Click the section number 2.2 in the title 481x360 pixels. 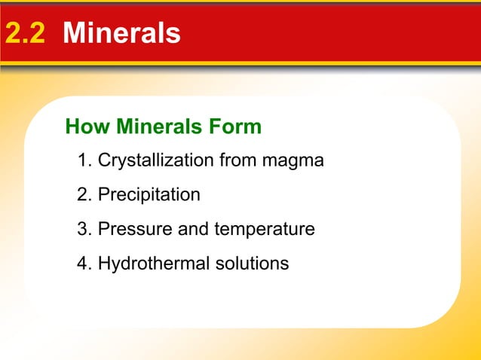pos(27,33)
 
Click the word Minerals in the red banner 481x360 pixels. pos(122,33)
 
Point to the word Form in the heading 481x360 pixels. pos(238,127)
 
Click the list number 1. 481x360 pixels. pos(84,160)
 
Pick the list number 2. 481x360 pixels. pos(84,195)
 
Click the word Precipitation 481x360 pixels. pos(149,195)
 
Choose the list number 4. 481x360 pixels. pos(84,264)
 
